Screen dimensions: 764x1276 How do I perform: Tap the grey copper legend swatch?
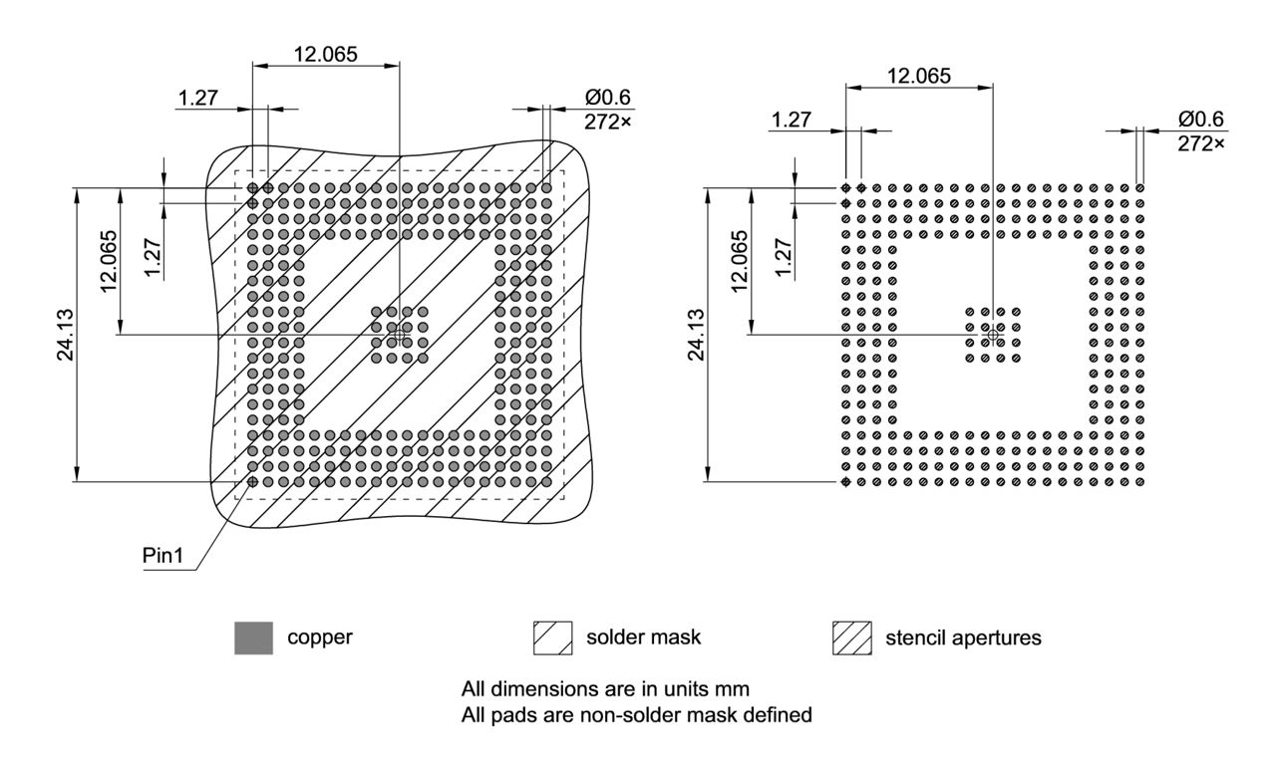pos(253,637)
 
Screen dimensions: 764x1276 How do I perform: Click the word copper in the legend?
pos(320,637)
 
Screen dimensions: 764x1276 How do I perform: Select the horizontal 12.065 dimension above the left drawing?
pos(325,54)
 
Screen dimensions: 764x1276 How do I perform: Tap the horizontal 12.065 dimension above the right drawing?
pos(918,76)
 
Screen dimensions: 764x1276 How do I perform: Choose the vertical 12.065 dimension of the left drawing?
pos(109,261)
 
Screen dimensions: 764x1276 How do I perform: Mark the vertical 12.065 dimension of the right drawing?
pos(739,261)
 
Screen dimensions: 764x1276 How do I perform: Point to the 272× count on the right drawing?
pos(1200,142)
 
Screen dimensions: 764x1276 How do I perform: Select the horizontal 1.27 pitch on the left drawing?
pos(199,98)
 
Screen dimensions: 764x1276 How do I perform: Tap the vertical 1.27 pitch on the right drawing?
pos(784,258)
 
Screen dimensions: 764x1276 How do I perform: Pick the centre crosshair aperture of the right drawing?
pos(992,334)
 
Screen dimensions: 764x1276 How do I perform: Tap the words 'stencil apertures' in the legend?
pos(963,637)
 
